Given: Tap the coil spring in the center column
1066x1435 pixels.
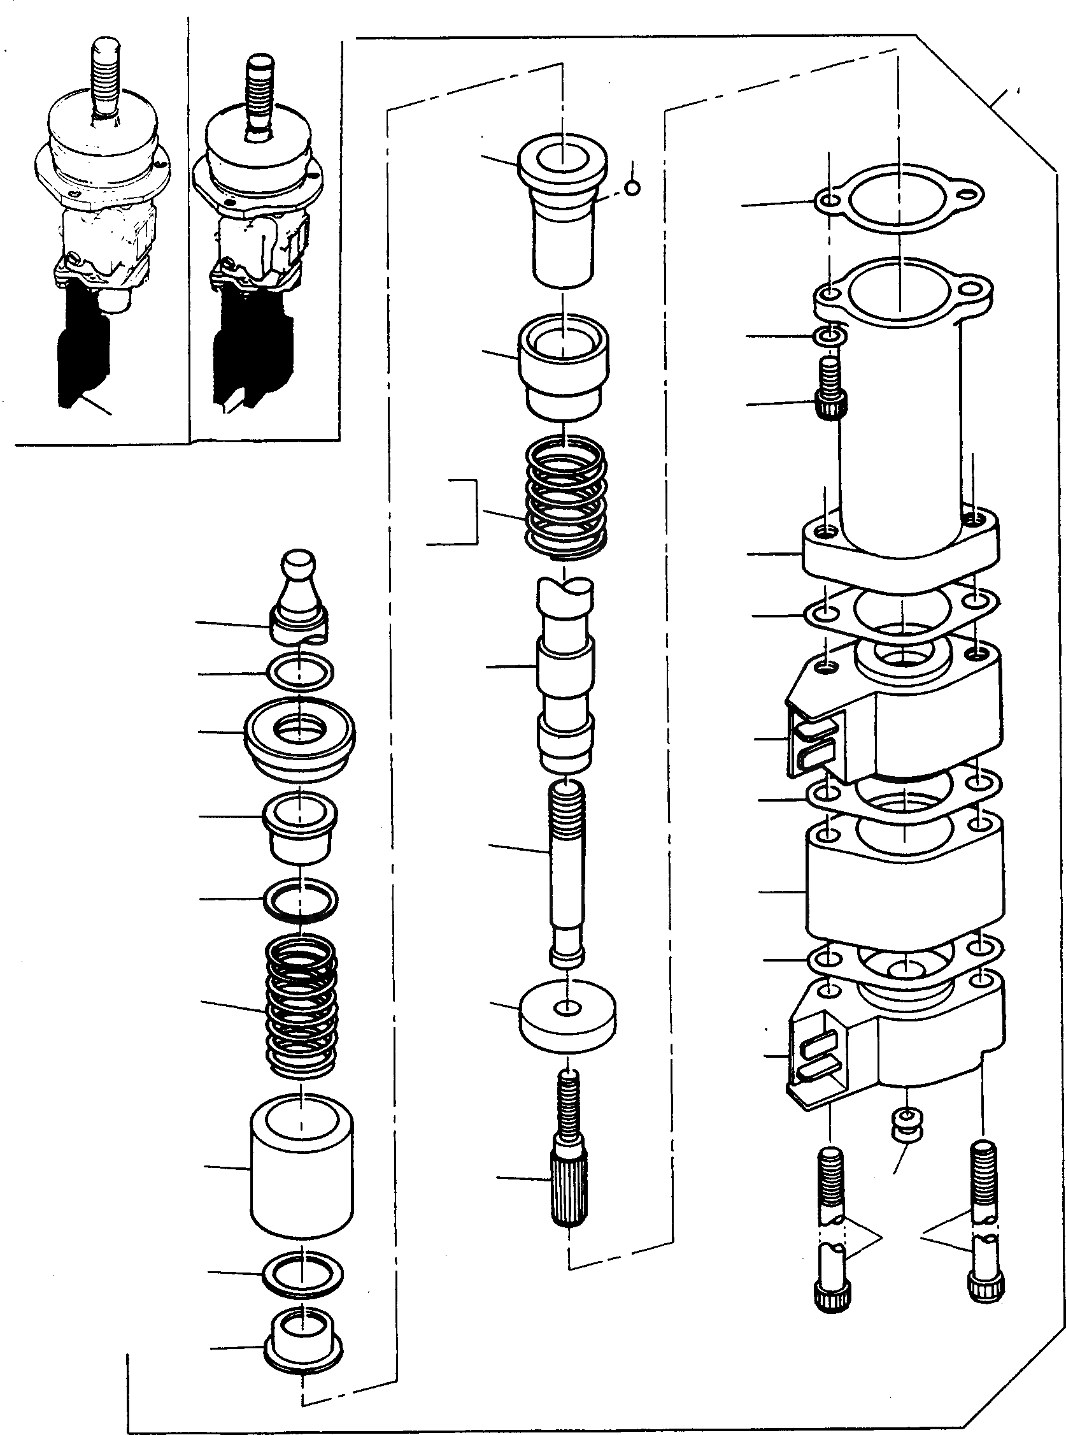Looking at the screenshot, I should pos(565,497).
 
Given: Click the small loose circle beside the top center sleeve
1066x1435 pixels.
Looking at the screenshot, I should pos(633,188).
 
